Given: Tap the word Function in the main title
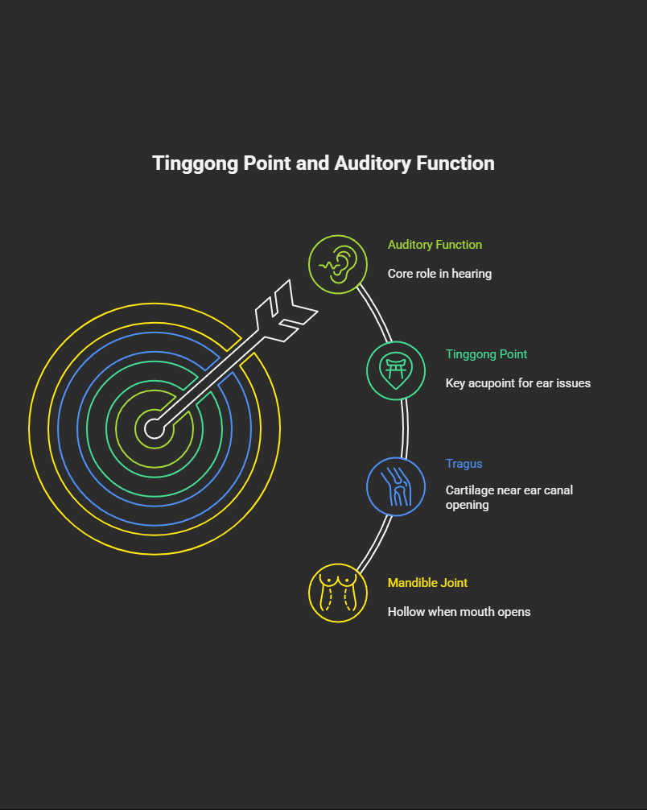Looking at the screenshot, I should (x=455, y=163).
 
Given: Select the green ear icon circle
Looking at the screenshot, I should (x=338, y=264).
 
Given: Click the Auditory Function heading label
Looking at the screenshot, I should (x=435, y=245).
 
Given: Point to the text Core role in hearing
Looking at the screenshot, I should (x=439, y=274).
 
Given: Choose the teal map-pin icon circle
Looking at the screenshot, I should (x=396, y=370).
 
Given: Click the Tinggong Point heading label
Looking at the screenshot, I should (x=486, y=354).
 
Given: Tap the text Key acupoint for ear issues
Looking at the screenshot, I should (x=517, y=383).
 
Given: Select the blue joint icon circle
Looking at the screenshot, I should (x=396, y=486).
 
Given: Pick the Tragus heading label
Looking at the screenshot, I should (x=464, y=464).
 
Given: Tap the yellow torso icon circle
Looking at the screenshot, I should (x=338, y=593).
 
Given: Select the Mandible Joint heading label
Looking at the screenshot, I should (x=427, y=583).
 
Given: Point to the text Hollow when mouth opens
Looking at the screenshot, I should (x=459, y=612).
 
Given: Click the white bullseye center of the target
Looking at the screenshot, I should (x=154, y=428).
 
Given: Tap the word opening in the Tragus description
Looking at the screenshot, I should (x=467, y=505).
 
